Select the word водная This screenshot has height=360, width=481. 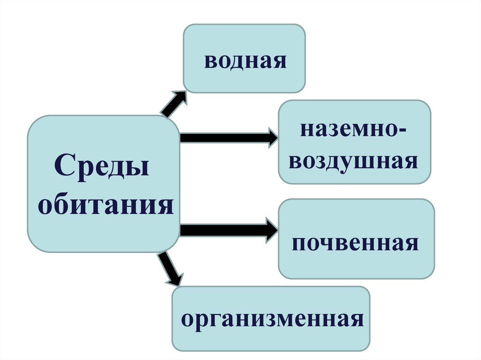(x=245, y=61)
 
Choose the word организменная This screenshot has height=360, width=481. (x=273, y=320)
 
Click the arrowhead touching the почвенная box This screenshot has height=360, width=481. (x=271, y=230)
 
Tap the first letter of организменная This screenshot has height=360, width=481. (x=187, y=320)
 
